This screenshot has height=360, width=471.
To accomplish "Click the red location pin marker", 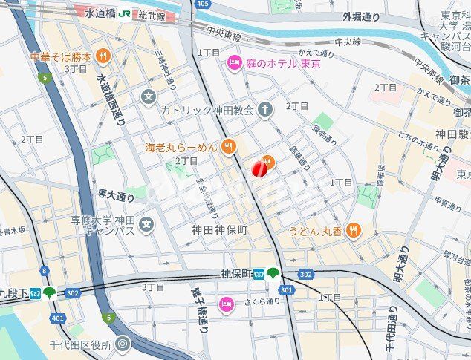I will tap(260, 169).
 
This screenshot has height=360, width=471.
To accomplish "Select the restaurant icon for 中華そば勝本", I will tap(103, 56).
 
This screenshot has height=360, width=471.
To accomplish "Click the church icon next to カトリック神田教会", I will tap(265, 109).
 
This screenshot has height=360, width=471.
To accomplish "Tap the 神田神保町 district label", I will tap(219, 231).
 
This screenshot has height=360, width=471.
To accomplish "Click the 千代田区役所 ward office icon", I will tap(123, 343).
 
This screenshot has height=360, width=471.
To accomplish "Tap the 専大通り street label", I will tap(116, 196).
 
